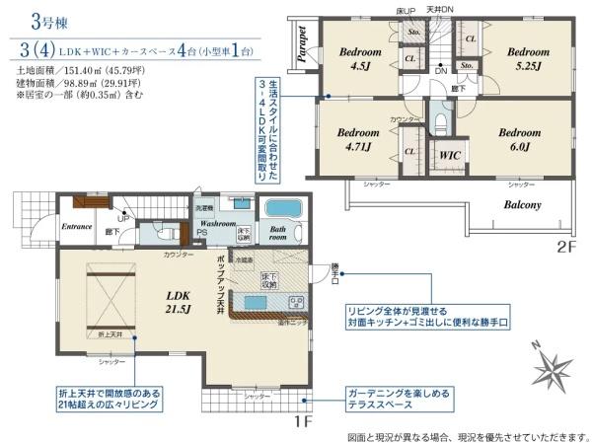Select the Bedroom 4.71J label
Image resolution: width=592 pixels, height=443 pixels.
pyautogui.click(x=357, y=139)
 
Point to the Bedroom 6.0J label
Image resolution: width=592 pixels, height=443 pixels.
pyautogui.click(x=519, y=139)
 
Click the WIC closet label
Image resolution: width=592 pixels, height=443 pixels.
pyautogui.click(x=450, y=155)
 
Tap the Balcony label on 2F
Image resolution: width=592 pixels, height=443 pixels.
pyautogui.click(x=524, y=205)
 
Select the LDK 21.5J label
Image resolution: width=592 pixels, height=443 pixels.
pyautogui.click(x=179, y=301)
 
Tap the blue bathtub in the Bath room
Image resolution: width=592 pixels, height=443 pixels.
pyautogui.click(x=284, y=211)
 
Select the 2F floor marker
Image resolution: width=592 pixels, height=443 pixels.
pyautogui.click(x=564, y=247)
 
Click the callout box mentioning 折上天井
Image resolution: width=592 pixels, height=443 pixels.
pyautogui.click(x=108, y=398)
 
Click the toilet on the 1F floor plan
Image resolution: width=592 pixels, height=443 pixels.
pyautogui.click(x=159, y=235)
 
